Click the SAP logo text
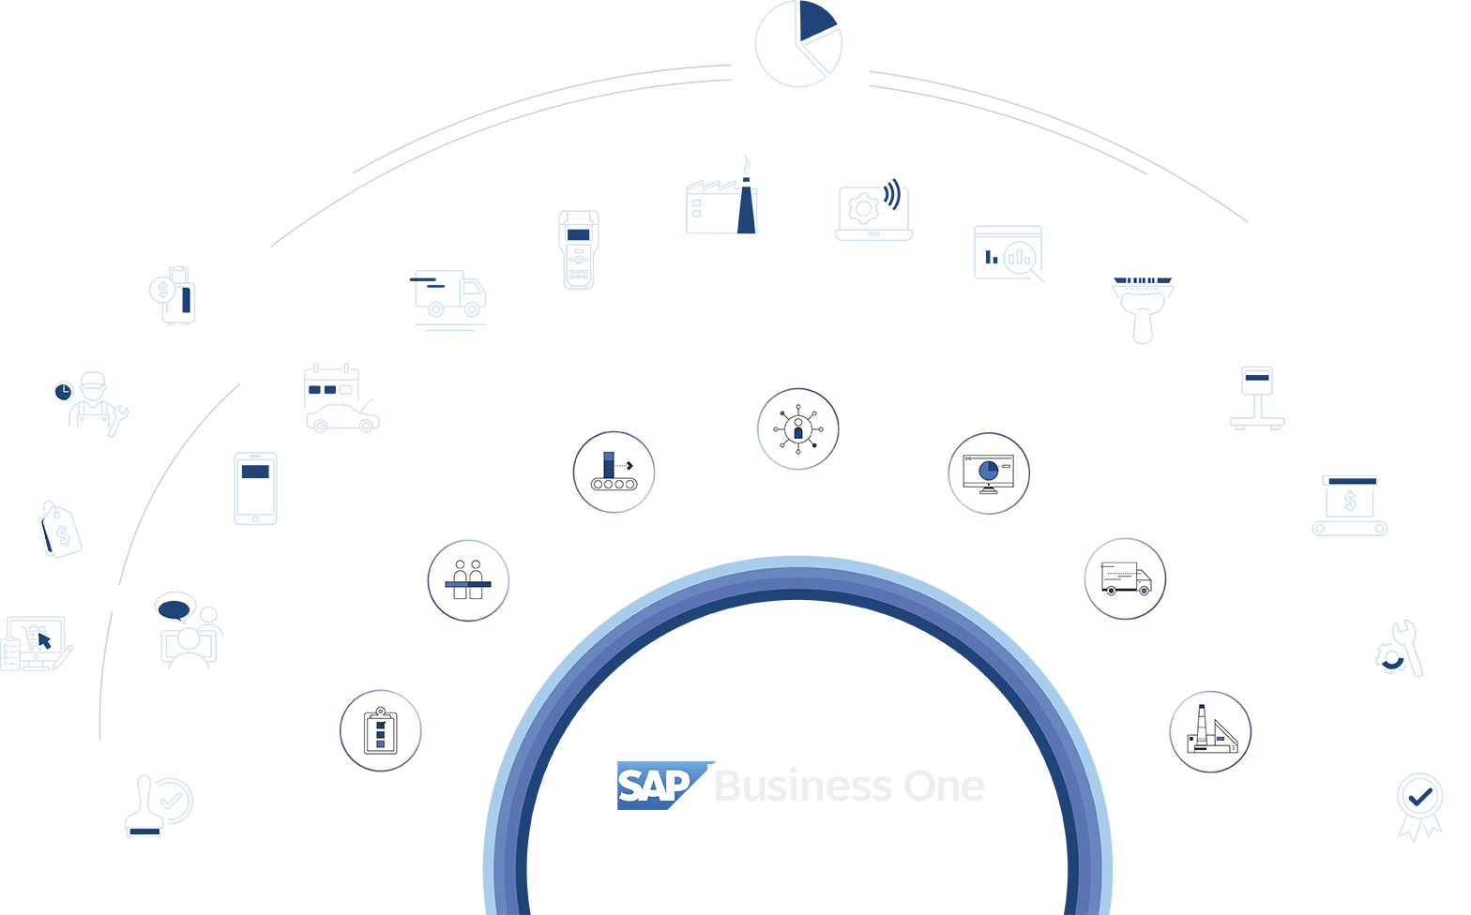tap(654, 786)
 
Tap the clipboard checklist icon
tap(380, 730)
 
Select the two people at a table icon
tap(468, 580)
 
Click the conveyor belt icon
tap(614, 472)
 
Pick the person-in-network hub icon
tap(797, 429)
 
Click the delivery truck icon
tap(1125, 578)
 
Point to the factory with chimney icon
tap(1210, 731)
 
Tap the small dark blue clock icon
tap(64, 391)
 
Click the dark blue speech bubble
tap(174, 608)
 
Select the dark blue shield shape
tap(255, 476)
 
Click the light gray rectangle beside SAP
tap(860, 790)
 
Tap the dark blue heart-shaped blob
tap(1420, 797)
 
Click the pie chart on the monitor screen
tap(988, 470)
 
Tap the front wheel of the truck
tap(1144, 590)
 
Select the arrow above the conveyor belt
tap(626, 465)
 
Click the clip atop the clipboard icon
tap(380, 712)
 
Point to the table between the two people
tap(468, 584)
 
